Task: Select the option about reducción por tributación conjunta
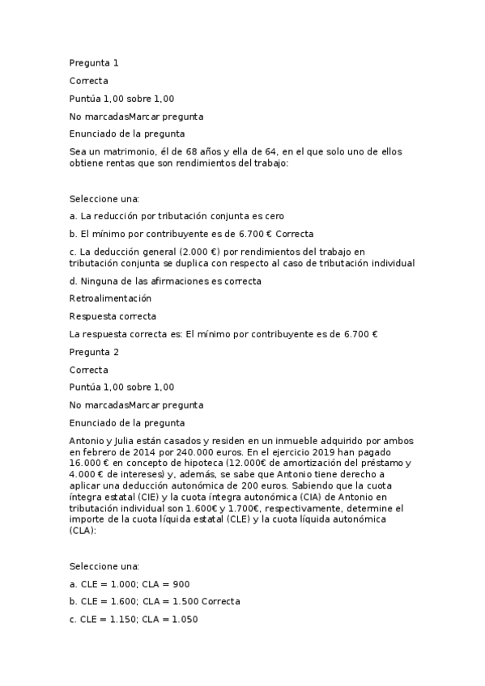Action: tap(177, 216)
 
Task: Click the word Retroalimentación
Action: tap(110, 299)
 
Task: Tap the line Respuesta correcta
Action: tap(113, 316)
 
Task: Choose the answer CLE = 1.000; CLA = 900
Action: tap(130, 584)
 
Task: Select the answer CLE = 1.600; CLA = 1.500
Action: tap(155, 602)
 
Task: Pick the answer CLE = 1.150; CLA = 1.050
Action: tap(134, 620)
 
